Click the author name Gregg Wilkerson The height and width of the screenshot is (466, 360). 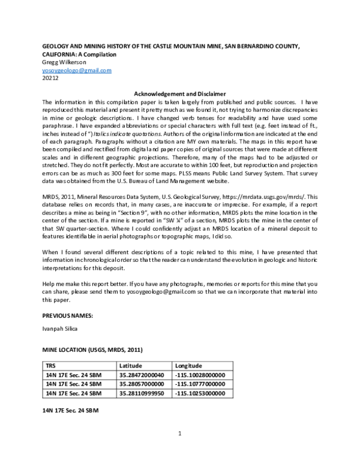[x=64, y=62]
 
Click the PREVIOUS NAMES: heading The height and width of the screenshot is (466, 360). [x=68, y=315]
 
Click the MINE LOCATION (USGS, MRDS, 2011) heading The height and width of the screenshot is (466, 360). [x=92, y=349]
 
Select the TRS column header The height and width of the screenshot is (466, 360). [x=52, y=365]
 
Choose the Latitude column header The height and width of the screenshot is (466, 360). [x=130, y=365]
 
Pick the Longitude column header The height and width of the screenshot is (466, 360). [x=188, y=365]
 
